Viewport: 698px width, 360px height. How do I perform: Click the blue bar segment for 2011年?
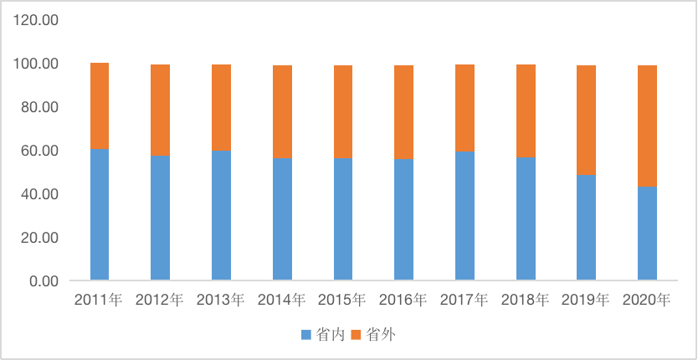point(100,213)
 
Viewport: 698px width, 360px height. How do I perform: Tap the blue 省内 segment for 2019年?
point(586,227)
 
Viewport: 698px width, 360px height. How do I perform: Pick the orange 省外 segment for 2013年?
point(221,107)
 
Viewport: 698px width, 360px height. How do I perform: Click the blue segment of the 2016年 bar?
point(403,219)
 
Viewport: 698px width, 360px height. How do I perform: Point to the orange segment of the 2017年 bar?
point(464,108)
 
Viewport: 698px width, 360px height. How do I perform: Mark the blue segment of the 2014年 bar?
point(282,219)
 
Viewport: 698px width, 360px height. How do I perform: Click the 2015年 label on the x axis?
point(342,299)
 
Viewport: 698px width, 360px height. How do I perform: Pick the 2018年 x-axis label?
point(525,299)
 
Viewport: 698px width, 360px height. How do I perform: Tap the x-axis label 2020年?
point(647,299)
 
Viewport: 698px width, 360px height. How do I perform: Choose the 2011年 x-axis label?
point(99,299)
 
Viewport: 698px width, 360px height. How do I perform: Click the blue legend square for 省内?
point(305,335)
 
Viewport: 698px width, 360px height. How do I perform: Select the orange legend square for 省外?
point(356,335)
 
